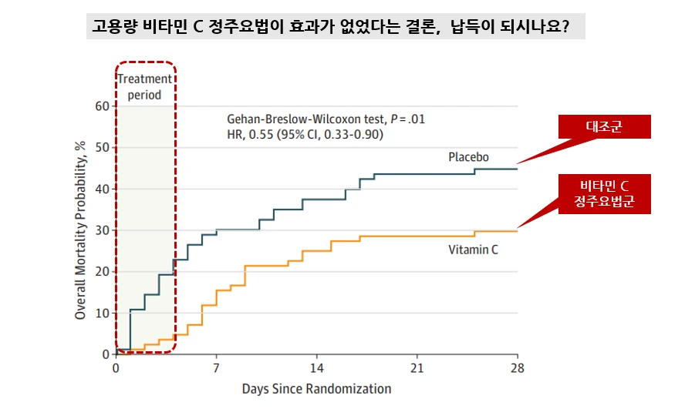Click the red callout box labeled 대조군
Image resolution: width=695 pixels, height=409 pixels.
[606, 127]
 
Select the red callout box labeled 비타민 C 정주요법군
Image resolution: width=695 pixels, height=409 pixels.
[606, 194]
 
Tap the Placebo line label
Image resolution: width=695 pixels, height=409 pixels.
[469, 158]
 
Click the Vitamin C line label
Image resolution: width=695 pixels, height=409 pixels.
[473, 250]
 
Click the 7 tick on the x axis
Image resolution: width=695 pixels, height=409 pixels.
[216, 367]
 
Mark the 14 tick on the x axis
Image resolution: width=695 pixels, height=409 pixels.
[317, 367]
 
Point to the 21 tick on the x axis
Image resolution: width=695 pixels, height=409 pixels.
[417, 367]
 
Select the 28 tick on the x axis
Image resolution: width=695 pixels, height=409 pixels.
[518, 367]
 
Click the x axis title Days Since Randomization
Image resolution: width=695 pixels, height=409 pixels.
[316, 389]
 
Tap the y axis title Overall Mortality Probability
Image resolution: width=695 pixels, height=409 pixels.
[80, 230]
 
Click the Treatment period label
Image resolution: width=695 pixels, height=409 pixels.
[145, 87]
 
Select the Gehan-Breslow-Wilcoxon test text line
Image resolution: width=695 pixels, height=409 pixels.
[326, 120]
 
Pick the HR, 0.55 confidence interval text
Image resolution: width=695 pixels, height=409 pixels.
[305, 135]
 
